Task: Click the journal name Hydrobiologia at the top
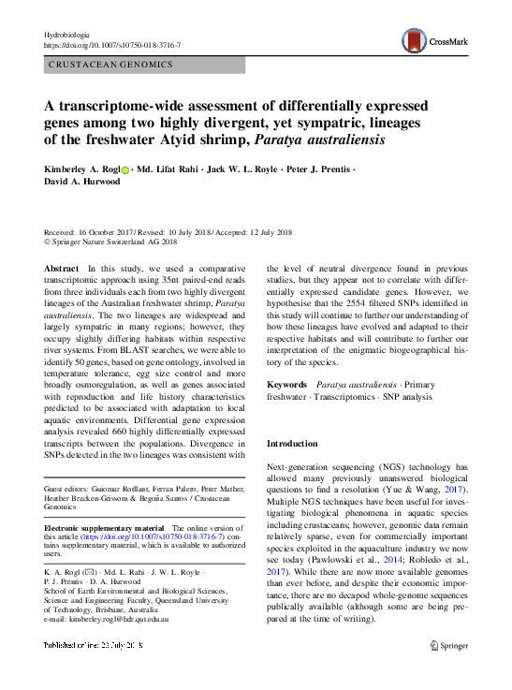71,34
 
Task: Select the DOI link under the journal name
112,45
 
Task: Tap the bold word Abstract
62,269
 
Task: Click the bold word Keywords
286,385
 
